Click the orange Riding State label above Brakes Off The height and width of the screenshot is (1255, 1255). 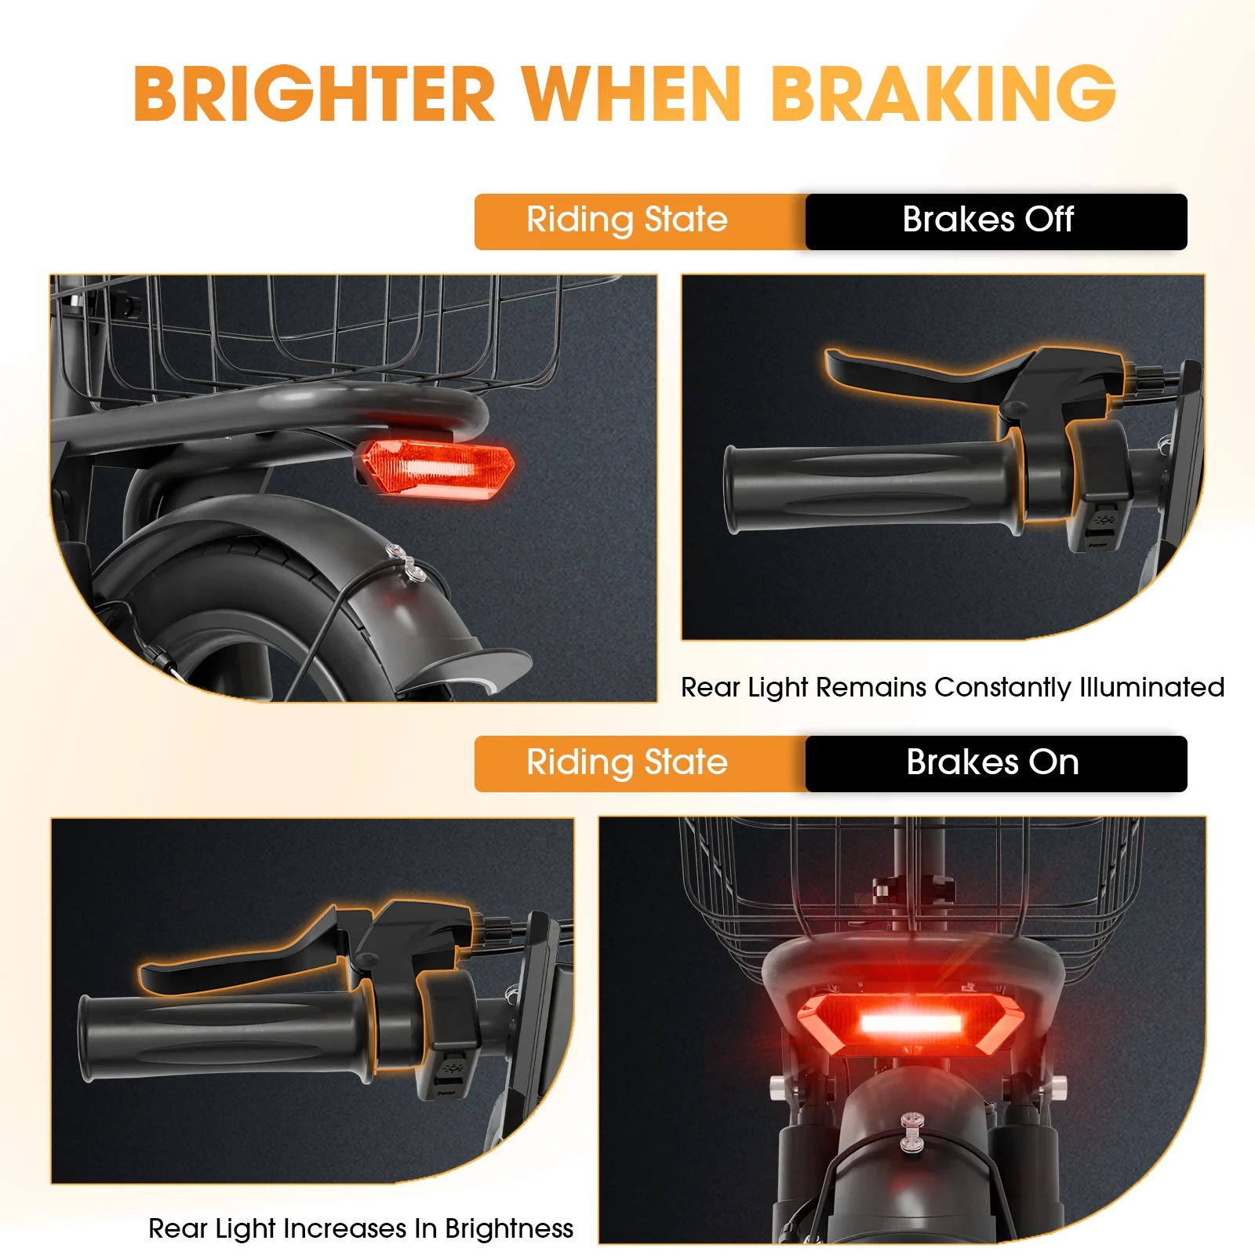click(x=627, y=220)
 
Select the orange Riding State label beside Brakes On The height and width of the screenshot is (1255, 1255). click(x=627, y=763)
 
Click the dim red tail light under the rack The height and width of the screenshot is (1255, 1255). click(x=436, y=469)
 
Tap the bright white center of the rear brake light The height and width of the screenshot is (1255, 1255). click(x=911, y=1023)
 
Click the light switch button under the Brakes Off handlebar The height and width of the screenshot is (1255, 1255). click(x=1104, y=522)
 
